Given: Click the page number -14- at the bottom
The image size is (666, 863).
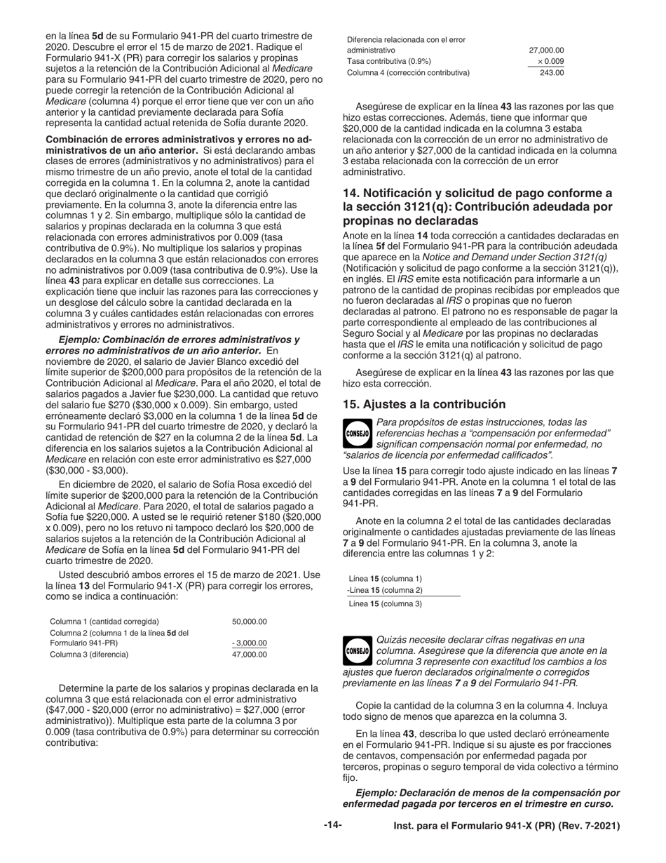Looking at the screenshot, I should (x=332, y=826).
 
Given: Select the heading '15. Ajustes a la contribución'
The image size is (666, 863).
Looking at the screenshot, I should (x=424, y=404).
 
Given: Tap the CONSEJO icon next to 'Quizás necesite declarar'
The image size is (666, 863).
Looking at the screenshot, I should (x=358, y=650).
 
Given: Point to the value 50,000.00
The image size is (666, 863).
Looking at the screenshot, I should (x=249, y=622).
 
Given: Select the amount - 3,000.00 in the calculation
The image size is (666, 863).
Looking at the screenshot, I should (x=249, y=643).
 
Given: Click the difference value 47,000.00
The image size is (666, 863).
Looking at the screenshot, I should (x=249, y=654).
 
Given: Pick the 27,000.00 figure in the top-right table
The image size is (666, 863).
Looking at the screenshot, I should (x=546, y=51).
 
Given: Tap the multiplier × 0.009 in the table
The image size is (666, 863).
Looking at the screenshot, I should (x=550, y=61).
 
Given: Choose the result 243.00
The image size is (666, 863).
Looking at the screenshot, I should (x=551, y=72).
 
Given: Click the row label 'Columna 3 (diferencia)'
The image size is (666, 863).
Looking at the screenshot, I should (x=89, y=654).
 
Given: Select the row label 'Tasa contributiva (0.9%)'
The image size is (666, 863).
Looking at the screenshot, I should (x=389, y=61).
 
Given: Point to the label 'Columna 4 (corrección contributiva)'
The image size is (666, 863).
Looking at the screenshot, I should (x=408, y=72).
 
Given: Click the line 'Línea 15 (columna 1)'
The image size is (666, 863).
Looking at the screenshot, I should (x=385, y=578).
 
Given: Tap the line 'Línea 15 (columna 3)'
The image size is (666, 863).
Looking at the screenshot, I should (x=385, y=603).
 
